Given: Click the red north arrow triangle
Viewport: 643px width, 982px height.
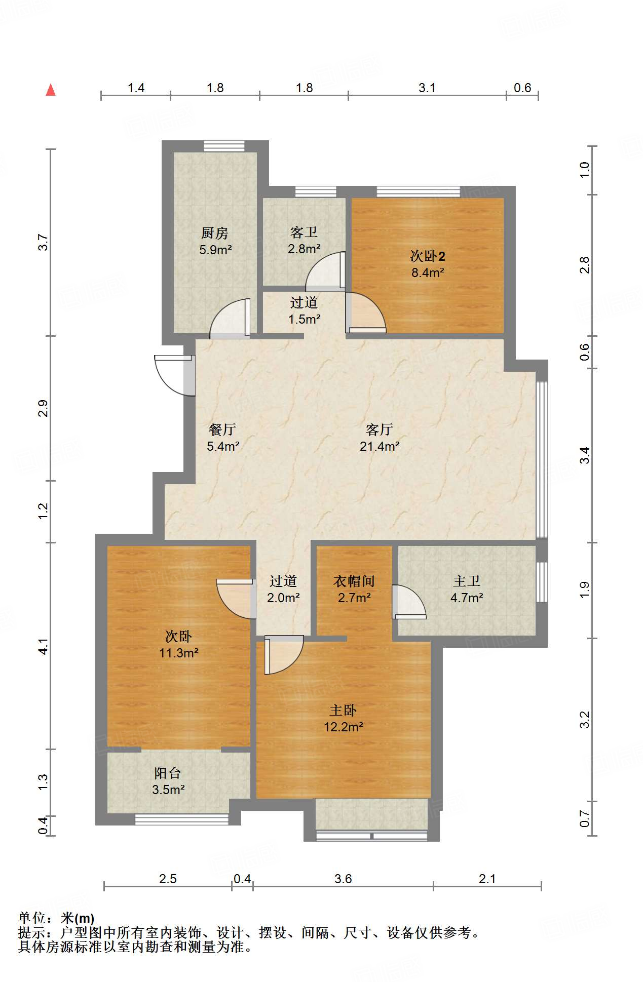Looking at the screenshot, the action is point(51,90).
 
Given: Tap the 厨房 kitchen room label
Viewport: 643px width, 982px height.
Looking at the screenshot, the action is point(215,241).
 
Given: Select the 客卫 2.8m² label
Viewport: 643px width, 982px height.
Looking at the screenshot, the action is point(304,240).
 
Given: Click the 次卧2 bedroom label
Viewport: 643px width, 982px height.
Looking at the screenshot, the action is point(428,264).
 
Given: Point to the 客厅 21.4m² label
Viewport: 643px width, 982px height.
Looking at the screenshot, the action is point(380,438).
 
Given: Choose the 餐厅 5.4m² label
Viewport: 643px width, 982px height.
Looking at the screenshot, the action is point(223,438).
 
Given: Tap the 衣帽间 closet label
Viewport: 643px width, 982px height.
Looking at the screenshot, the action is point(354,589).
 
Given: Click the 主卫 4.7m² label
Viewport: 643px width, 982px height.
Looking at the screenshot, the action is point(467,589).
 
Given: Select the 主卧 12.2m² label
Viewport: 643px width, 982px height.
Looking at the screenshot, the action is point(344,718).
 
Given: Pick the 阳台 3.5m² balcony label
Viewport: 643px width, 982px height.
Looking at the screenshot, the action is point(168,781).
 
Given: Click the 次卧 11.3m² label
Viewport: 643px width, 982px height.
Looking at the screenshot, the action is point(178,644).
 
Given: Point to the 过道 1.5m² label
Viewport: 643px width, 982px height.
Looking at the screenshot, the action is point(304,310).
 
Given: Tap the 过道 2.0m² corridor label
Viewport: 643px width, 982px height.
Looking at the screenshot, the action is point(283,589).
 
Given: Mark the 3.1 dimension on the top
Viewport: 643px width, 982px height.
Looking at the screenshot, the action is point(427,88).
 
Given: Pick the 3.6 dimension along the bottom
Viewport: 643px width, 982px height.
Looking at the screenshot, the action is point(343,879).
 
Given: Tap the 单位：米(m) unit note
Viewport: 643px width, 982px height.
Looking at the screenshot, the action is point(56,918).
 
